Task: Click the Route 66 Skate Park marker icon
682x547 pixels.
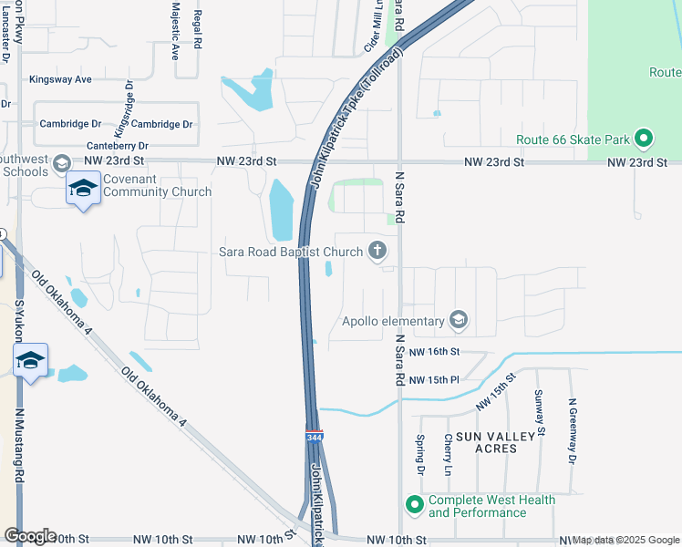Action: (644, 139)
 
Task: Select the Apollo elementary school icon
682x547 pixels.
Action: (458, 320)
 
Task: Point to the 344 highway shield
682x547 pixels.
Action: (314, 438)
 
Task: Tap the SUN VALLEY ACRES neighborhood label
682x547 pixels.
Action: (495, 444)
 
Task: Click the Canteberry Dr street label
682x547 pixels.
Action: (117, 146)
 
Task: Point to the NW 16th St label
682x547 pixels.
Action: (435, 351)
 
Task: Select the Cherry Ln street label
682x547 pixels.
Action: (448, 454)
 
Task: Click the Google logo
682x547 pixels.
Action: (30, 536)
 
